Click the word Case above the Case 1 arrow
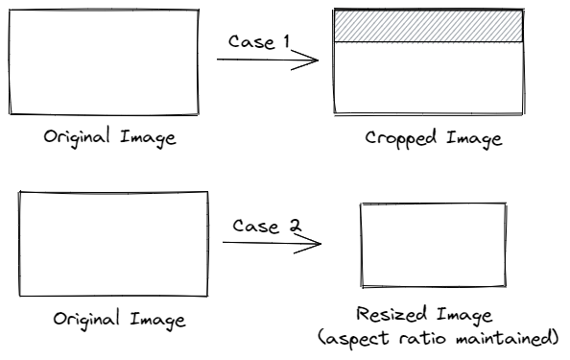[251, 42]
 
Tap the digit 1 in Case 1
[287, 41]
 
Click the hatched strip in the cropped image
[429, 26]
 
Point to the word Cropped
[400, 138]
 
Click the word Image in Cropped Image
[474, 139]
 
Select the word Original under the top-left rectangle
[77, 136]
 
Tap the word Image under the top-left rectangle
[148, 138]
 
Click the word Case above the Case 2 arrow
[256, 226]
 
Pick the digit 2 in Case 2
[296, 226]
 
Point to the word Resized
[392, 315]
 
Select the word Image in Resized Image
[464, 316]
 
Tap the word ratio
[422, 339]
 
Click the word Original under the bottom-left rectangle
[86, 320]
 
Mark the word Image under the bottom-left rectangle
[157, 321]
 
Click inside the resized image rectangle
[434, 245]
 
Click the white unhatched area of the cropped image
[429, 78]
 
